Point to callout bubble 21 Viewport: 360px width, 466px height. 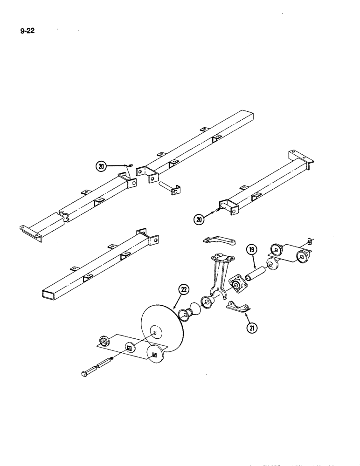tap(251, 328)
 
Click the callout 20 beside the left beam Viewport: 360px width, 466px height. tap(101, 166)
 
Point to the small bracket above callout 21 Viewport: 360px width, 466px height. tap(236, 306)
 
